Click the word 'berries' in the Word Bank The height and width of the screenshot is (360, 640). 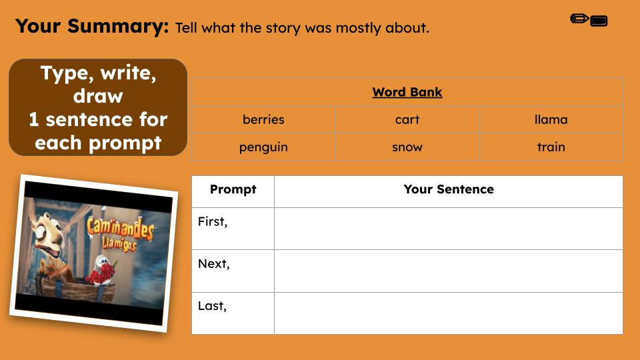pyautogui.click(x=263, y=120)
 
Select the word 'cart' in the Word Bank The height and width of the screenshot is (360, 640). pyautogui.click(x=407, y=120)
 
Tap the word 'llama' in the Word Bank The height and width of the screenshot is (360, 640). pyautogui.click(x=551, y=120)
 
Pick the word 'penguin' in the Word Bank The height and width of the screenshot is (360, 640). pyautogui.click(x=263, y=147)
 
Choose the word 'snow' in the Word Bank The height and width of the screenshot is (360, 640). pyautogui.click(x=407, y=147)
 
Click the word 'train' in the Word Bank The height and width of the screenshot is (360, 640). pyautogui.click(x=551, y=147)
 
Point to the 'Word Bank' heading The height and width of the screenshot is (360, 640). pyautogui.click(x=407, y=92)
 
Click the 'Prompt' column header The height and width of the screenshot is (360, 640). pyautogui.click(x=233, y=189)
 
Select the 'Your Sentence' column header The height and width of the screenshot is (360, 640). pyautogui.click(x=449, y=189)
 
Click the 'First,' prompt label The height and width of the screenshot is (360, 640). pyautogui.click(x=213, y=222)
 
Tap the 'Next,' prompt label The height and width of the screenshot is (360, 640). pyautogui.click(x=213, y=264)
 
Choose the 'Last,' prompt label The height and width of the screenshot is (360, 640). pyautogui.click(x=212, y=307)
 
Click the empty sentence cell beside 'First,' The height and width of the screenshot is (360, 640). pyautogui.click(x=449, y=229)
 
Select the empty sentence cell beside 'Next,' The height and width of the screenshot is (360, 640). pyautogui.click(x=449, y=271)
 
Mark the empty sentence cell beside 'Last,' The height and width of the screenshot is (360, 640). pyautogui.click(x=449, y=313)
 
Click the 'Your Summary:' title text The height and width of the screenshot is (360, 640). pyautogui.click(x=92, y=27)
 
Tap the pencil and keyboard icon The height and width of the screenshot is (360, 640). pyautogui.click(x=589, y=20)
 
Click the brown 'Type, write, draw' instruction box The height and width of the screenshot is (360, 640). pyautogui.click(x=98, y=107)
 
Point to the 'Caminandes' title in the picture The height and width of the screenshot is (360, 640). pyautogui.click(x=120, y=233)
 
